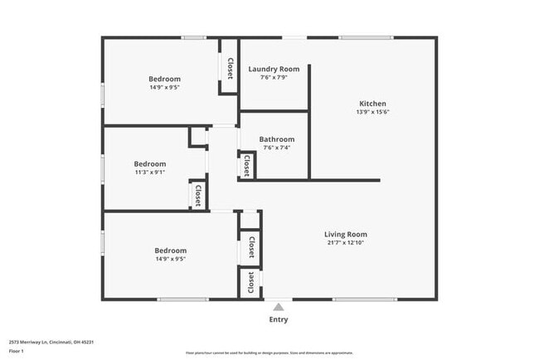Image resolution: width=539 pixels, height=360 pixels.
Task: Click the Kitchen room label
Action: click(371, 103)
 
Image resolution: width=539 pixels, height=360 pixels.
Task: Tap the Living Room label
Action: click(345, 234)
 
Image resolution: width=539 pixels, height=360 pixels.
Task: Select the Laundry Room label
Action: click(274, 69)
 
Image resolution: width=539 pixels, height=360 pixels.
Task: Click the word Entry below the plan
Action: click(279, 319)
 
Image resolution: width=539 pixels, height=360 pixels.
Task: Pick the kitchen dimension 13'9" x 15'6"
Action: click(371, 112)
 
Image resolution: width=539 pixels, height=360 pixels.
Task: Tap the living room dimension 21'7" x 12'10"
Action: click(345, 243)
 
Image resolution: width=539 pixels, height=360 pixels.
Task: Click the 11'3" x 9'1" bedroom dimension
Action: click(150, 173)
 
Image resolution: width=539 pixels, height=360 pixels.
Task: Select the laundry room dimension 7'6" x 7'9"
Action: click(274, 78)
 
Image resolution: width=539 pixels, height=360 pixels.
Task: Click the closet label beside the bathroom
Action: click(247, 166)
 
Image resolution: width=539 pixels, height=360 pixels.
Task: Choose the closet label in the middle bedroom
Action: click(198, 195)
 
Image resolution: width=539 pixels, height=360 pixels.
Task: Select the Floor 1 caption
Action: click(17, 351)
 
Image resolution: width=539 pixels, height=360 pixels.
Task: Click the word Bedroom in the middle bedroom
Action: click(150, 164)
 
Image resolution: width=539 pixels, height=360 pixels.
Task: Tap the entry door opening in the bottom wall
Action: click(279, 299)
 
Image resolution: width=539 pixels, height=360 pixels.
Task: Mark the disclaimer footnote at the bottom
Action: click(269, 353)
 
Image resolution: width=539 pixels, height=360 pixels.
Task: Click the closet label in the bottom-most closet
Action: click(250, 284)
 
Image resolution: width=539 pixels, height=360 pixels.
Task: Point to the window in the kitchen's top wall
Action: click(366, 37)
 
